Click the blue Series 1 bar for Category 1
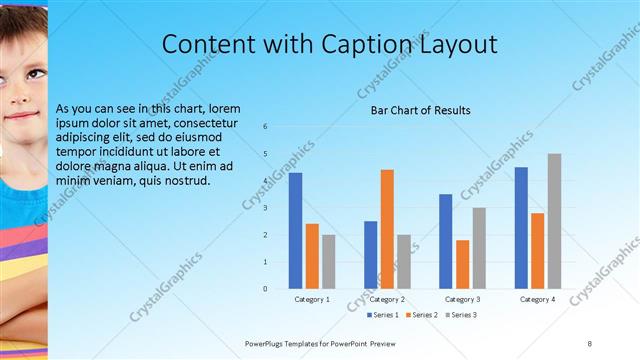click(295, 231)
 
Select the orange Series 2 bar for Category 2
click(387, 229)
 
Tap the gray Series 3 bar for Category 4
click(554, 221)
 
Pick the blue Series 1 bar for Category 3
click(446, 241)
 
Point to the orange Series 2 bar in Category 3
click(462, 264)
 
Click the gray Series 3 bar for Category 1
click(329, 262)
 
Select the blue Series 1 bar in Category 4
click(521, 228)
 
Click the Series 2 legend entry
click(420, 315)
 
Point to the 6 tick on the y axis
click(266, 127)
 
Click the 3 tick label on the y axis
click(266, 208)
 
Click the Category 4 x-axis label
click(538, 299)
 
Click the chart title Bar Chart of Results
click(420, 110)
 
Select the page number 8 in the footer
click(590, 343)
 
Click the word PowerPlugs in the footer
click(269, 343)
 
